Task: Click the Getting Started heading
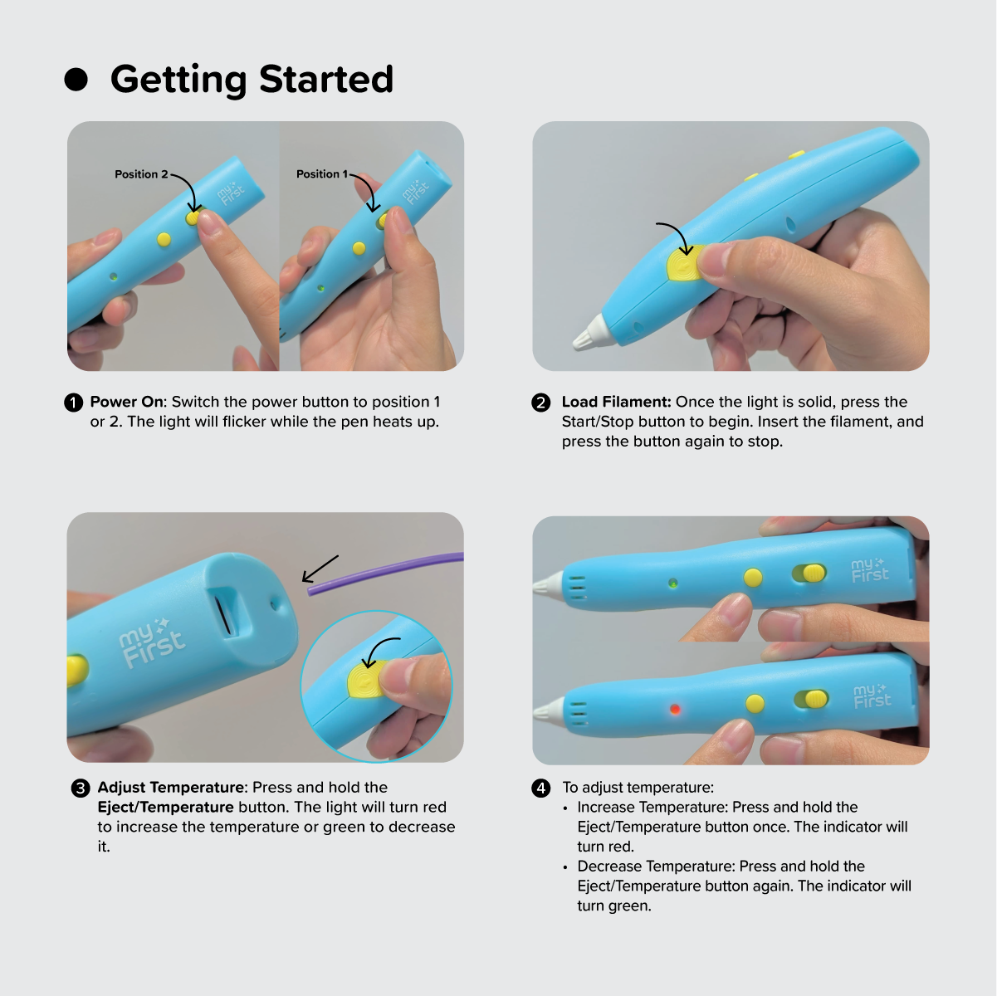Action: tap(252, 80)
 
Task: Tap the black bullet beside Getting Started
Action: tap(76, 80)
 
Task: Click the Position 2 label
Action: tap(141, 174)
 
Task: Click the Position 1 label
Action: tap(322, 174)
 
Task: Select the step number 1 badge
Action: tap(74, 403)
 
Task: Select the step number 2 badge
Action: tap(540, 403)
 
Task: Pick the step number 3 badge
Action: tap(81, 788)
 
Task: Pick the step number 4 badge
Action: tap(540, 788)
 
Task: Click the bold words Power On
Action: tap(127, 402)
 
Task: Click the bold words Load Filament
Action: tap(616, 402)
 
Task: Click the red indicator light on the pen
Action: tap(675, 709)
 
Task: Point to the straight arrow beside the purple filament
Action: tap(320, 569)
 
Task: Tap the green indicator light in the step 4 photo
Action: tap(672, 583)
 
